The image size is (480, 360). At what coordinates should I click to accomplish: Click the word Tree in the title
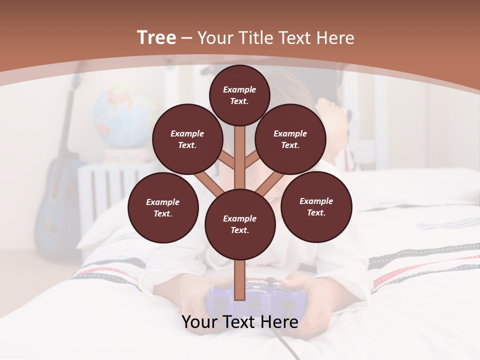(x=156, y=38)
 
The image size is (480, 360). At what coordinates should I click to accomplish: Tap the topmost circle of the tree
(x=239, y=95)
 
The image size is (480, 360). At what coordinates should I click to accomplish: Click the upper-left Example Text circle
(x=187, y=139)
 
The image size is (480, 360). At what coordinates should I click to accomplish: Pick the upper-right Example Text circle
(x=290, y=139)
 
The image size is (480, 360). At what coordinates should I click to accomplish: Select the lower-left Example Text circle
(x=163, y=207)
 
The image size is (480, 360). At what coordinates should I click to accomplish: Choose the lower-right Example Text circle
(x=316, y=206)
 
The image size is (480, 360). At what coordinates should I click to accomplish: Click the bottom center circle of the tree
(x=240, y=224)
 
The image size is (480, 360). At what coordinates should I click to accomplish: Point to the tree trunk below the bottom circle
(x=240, y=280)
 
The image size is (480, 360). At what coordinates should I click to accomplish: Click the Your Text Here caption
(x=240, y=322)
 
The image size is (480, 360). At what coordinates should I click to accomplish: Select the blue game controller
(x=220, y=302)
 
